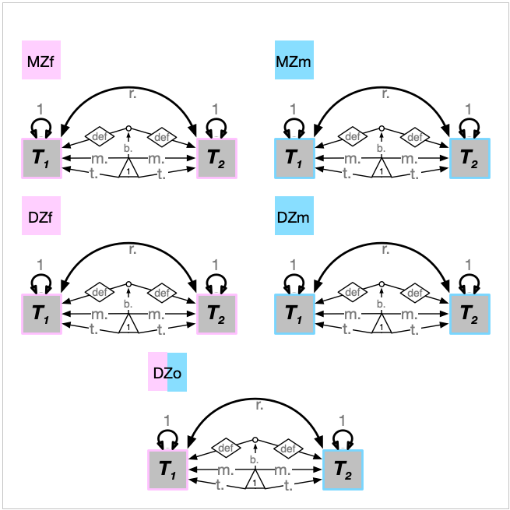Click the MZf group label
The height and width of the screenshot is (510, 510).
click(41, 61)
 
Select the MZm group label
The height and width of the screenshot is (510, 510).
click(294, 61)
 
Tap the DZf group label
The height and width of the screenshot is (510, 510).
click(41, 216)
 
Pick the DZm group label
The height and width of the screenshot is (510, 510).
click(294, 216)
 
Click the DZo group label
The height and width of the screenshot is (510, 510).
click(167, 372)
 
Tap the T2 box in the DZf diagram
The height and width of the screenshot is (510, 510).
click(216, 315)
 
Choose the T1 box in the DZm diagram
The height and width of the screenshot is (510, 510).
click(294, 315)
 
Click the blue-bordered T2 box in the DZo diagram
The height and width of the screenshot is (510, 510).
click(343, 470)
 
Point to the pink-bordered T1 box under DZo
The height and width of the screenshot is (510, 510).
click(167, 470)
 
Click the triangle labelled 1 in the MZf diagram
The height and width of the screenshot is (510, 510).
click(128, 169)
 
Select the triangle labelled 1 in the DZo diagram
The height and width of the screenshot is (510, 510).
click(255, 480)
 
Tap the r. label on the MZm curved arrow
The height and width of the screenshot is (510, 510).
click(385, 94)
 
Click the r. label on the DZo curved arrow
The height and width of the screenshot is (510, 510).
click(259, 406)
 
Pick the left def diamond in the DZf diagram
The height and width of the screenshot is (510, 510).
click(99, 293)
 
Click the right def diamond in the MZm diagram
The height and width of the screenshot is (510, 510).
click(415, 137)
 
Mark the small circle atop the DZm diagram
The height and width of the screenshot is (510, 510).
click(382, 283)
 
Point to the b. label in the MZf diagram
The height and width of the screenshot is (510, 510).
click(128, 148)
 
